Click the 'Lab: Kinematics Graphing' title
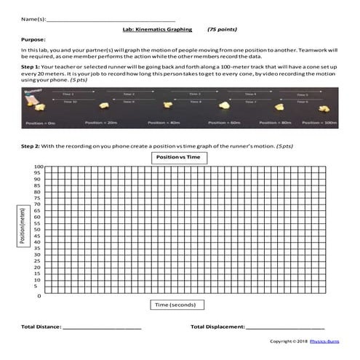158,30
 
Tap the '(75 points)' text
222,30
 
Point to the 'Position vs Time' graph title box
178,157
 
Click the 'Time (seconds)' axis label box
178,305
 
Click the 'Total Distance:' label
41,327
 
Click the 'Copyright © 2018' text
289,341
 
